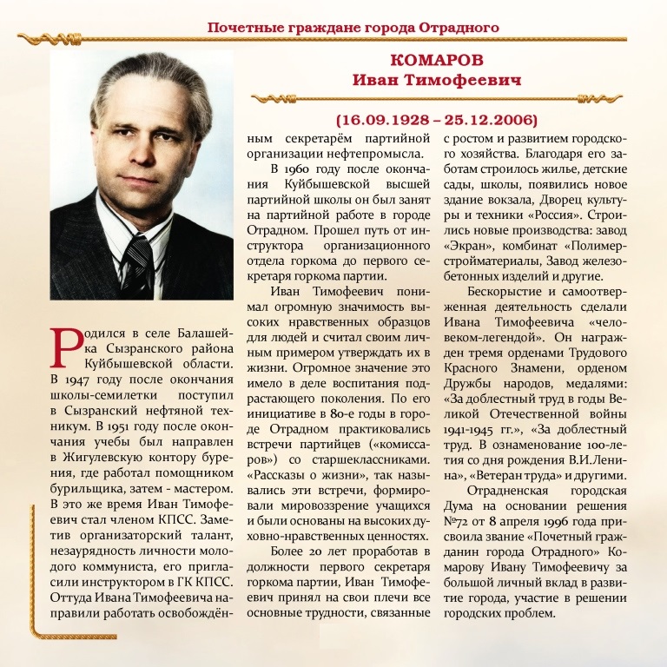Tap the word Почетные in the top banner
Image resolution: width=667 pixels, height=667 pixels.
pyautogui.click(x=239, y=26)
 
